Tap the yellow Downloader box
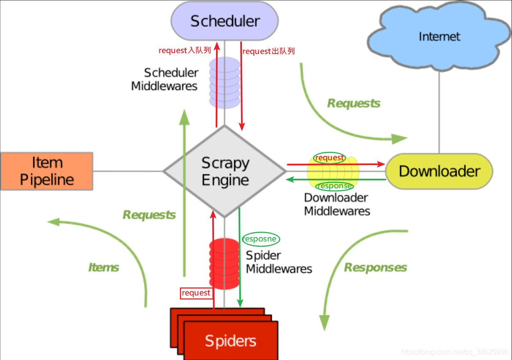[x=439, y=171]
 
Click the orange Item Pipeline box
[x=47, y=171]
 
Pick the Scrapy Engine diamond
[x=225, y=171]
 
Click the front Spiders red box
[x=231, y=341]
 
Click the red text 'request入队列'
[x=184, y=50]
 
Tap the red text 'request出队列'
[x=268, y=51]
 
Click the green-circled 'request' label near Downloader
[x=329, y=158]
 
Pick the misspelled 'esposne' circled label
[x=261, y=239]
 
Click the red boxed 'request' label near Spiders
[x=196, y=293]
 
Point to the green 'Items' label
[x=104, y=267]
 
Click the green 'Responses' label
[x=375, y=267]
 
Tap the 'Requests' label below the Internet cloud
[x=353, y=103]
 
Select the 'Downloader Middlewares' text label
[x=337, y=205]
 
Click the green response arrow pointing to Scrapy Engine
[x=336, y=179]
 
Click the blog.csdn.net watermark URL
[x=454, y=352]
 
